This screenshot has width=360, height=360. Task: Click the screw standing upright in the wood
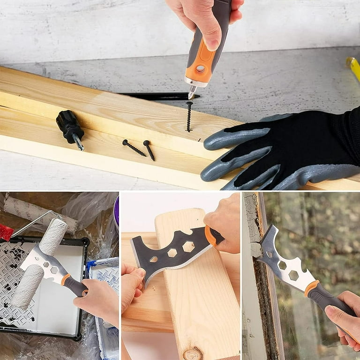tap(189, 116)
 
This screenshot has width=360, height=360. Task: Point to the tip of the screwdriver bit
tap(190, 98)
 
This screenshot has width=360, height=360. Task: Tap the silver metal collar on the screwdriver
tap(195, 83)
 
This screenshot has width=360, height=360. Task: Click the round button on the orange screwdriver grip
tap(200, 69)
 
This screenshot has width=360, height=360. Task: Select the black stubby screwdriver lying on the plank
tap(69, 126)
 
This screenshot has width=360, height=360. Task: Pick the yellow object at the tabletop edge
tap(353, 67)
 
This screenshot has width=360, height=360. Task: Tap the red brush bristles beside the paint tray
tap(6, 232)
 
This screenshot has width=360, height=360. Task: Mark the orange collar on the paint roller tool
tap(66, 279)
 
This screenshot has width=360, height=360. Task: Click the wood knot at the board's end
tap(192, 353)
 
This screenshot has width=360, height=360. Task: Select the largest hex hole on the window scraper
tap(293, 275)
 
